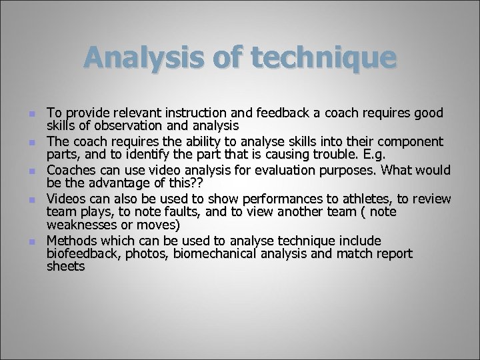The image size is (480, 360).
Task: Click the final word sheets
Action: (66, 266)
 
